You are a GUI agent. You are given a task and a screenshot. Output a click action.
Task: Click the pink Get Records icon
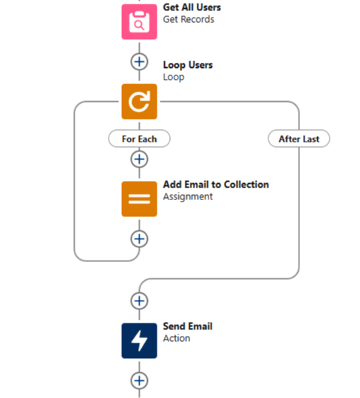click(x=139, y=22)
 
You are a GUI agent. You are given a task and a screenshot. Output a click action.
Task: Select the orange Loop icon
click(x=139, y=102)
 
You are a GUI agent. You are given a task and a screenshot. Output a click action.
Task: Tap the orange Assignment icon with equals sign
click(x=139, y=199)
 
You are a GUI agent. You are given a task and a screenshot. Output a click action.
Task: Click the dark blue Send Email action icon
click(x=139, y=340)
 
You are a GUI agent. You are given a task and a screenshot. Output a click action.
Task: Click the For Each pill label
click(x=139, y=139)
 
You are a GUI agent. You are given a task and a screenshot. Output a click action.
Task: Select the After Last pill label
click(x=299, y=139)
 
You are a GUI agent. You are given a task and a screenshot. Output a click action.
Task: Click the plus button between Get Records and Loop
click(x=139, y=62)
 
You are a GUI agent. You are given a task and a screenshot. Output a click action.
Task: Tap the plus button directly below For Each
click(x=139, y=159)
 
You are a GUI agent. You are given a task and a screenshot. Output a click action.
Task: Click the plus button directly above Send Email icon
click(x=139, y=301)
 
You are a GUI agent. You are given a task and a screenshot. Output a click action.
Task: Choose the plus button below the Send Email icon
click(x=139, y=380)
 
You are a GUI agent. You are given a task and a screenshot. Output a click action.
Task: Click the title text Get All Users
click(x=191, y=7)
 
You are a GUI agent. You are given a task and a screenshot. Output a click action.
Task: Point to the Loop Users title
click(x=188, y=65)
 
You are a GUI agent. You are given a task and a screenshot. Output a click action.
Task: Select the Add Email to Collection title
click(x=216, y=185)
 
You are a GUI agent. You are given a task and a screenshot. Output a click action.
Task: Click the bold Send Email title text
click(x=188, y=326)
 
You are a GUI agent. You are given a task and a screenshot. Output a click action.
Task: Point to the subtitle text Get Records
click(x=189, y=19)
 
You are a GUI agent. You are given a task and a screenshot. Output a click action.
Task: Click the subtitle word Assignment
click(x=188, y=196)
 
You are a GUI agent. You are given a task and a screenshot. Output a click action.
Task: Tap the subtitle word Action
click(x=177, y=338)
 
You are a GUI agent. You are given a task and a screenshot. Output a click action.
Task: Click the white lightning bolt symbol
click(x=139, y=340)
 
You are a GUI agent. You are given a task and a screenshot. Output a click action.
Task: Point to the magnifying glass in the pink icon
click(x=140, y=25)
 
